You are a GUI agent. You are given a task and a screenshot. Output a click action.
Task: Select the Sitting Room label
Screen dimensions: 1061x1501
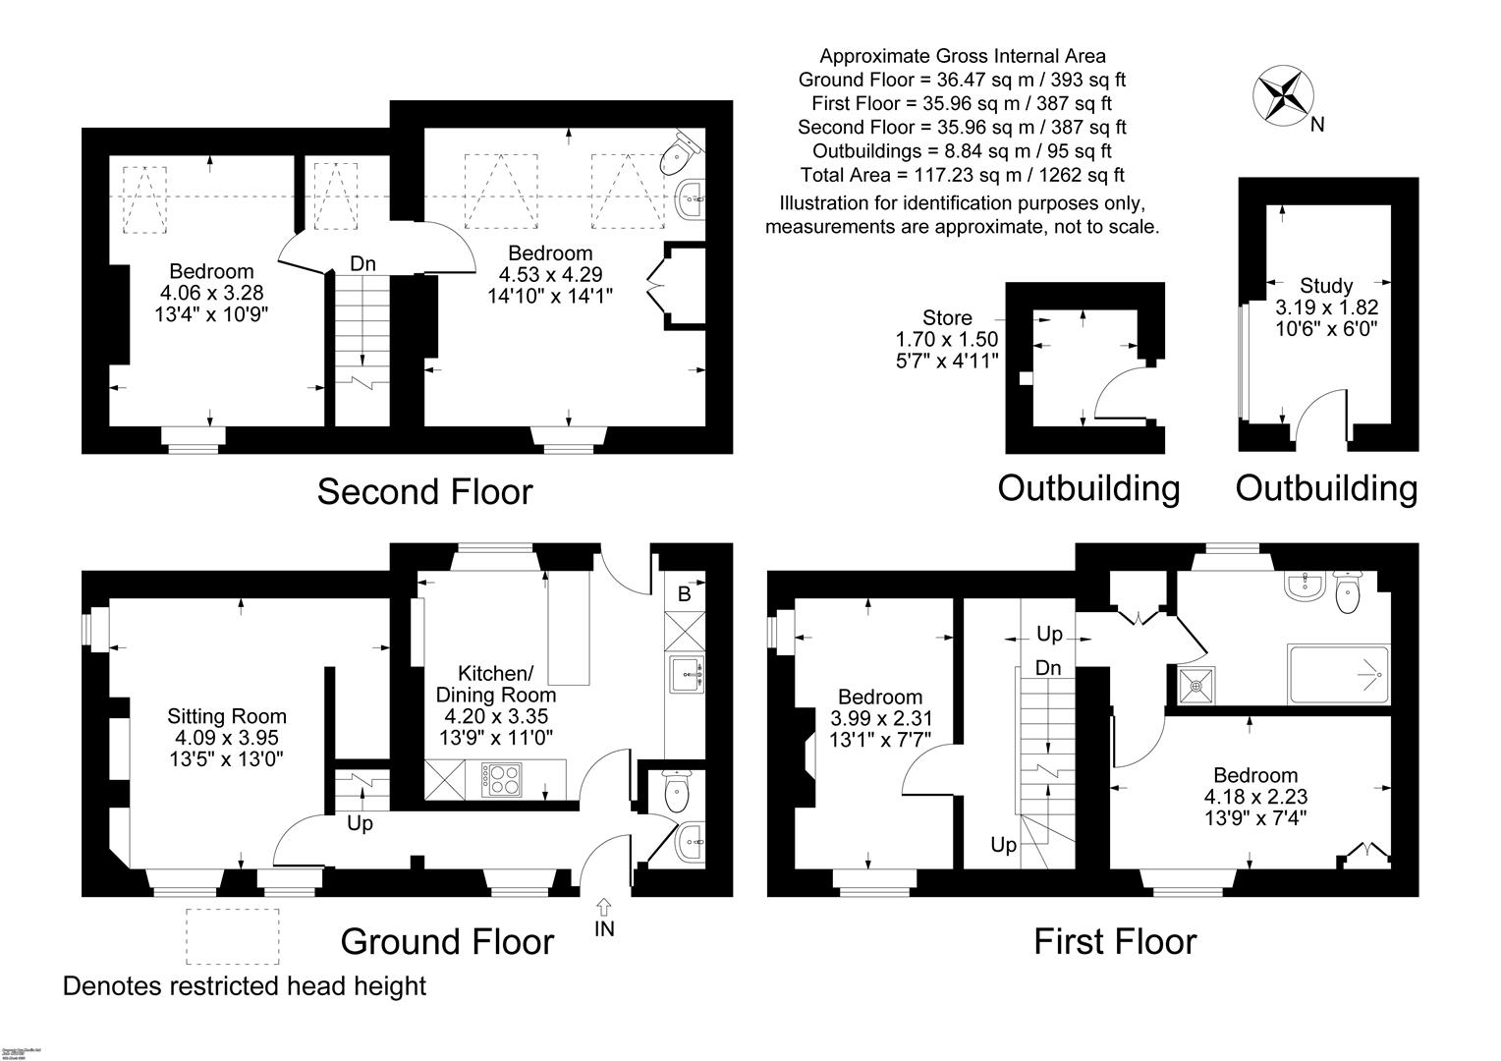point(227,717)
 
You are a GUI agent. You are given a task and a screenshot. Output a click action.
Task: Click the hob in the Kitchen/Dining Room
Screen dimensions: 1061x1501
point(501,781)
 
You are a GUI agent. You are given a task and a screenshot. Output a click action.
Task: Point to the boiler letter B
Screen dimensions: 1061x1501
point(685,594)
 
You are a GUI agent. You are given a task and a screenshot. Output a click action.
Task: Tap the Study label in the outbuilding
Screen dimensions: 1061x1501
point(1326,286)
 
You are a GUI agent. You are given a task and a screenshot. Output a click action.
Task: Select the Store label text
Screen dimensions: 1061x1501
point(947,318)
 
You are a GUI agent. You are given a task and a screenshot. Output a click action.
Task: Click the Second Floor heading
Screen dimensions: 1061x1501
point(424,491)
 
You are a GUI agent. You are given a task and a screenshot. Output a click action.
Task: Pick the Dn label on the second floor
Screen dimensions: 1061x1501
point(363,263)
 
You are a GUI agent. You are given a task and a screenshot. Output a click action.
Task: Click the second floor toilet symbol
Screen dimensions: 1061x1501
point(680,154)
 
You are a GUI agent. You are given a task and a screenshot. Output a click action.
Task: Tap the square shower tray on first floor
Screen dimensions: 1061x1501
point(1195,686)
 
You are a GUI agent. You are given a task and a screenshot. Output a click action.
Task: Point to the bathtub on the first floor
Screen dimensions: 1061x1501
point(1339,674)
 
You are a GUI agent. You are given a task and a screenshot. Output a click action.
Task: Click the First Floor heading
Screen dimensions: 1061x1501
point(1115,941)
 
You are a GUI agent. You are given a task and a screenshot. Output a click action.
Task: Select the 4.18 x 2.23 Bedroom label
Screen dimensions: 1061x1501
point(1255,775)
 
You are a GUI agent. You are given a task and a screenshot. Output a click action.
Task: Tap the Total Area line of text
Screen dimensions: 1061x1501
point(963,175)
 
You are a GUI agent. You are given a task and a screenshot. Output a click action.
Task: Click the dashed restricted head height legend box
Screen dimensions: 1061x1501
point(232,935)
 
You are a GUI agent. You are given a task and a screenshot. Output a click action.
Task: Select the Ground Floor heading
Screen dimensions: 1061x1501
point(447,941)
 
